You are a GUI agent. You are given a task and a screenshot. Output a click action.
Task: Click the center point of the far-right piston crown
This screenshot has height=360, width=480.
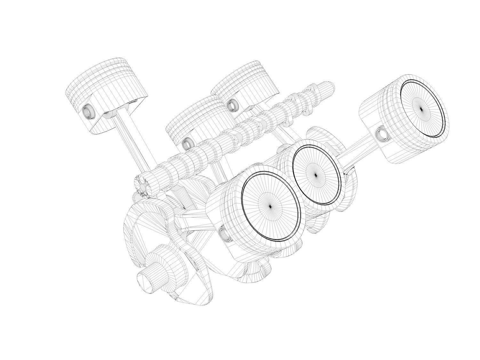pos(421,109)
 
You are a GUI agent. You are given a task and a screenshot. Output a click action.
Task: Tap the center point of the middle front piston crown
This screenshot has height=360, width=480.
pos(316,175)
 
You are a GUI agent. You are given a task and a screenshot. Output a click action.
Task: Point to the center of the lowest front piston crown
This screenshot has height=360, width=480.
pos(270,207)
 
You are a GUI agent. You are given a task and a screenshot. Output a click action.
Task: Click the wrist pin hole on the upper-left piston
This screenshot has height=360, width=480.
pos(87,112)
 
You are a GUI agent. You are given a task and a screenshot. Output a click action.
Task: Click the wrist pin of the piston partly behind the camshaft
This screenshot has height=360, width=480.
pos(187,144)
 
